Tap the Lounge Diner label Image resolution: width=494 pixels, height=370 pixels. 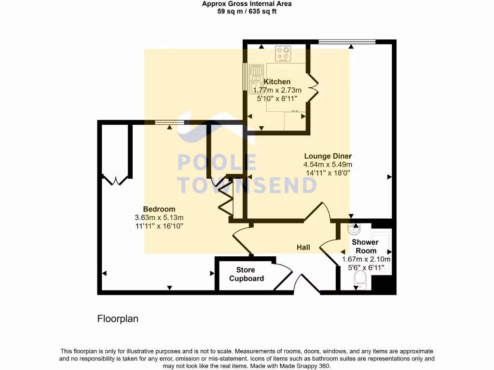pos(328,156)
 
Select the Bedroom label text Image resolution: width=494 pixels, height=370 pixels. pos(159,209)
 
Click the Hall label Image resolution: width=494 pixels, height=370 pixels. pos(303,247)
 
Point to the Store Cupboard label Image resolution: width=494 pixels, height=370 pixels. pos(247,274)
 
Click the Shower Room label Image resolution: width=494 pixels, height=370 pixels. pos(366,246)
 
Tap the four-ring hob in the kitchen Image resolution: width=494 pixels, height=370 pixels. pos(283,54)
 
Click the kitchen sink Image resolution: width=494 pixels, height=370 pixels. pos(256,77)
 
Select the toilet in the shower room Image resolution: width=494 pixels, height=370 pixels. pos(360,278)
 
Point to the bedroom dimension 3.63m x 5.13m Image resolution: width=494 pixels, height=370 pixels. pos(159,217)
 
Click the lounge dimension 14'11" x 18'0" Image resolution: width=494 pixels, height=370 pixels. pos(328,173)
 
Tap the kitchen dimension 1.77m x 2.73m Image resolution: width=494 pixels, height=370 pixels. pos(277,90)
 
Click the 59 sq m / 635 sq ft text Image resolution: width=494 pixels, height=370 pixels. pos(247,12)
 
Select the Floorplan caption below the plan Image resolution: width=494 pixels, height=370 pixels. pos(118,318)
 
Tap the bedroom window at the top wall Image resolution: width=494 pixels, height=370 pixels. pos(169,122)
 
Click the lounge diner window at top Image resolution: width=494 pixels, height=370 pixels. pos(347,42)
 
